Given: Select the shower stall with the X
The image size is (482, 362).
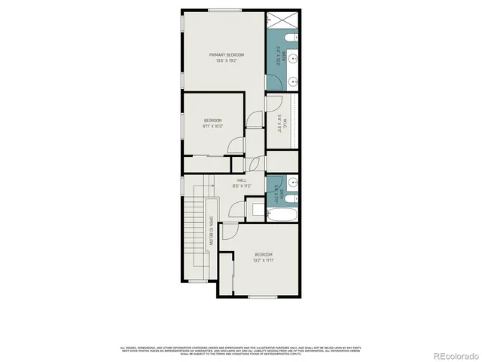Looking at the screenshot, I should click(282, 20).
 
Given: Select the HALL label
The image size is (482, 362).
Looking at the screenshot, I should click(242, 180).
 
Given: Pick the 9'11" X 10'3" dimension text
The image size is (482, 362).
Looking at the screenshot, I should click(212, 127).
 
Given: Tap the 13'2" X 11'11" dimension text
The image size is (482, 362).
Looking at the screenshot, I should click(262, 260).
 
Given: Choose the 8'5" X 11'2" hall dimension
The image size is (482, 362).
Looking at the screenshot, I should click(242, 186).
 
